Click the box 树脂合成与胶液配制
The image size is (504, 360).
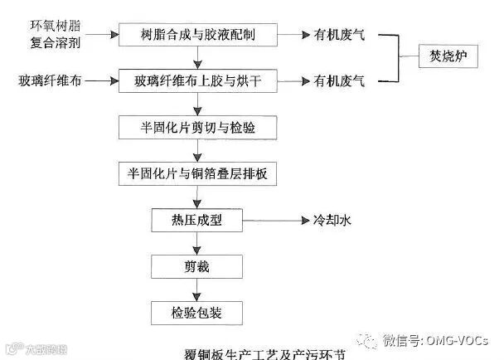click(197, 36)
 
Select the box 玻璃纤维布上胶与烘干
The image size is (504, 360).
click(197, 82)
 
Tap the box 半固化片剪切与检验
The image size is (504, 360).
click(197, 129)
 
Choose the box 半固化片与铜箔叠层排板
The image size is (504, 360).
click(197, 175)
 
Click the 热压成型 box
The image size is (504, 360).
click(197, 221)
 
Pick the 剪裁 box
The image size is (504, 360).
click(197, 266)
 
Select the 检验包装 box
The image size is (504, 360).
click(197, 312)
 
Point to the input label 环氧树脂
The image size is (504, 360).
click(51, 24)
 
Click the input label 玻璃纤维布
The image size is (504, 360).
click(51, 82)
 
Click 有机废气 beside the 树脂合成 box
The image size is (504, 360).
click(340, 36)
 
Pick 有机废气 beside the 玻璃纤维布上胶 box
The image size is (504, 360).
click(340, 82)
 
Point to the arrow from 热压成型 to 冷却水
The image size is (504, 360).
click(274, 221)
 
